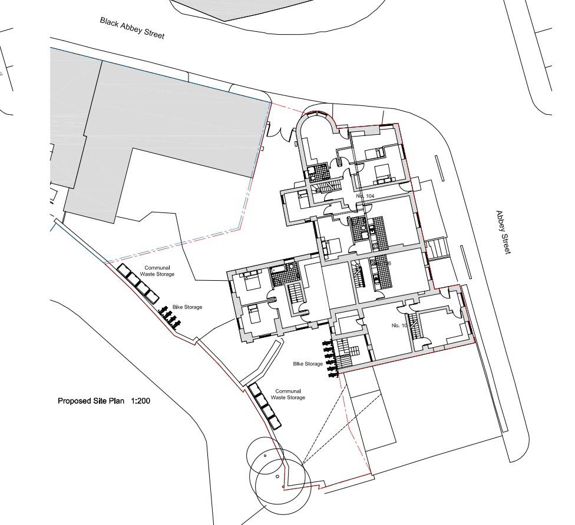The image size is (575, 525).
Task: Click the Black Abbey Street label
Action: tap(132, 28)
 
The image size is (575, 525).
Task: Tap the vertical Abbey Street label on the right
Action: tap(503, 232)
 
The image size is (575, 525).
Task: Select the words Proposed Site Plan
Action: tap(91, 401)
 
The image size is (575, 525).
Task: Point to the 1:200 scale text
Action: tap(141, 401)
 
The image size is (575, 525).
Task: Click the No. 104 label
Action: tap(365, 195)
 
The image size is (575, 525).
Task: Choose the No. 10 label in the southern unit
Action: tap(399, 325)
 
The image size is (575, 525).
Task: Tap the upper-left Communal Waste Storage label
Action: tap(157, 271)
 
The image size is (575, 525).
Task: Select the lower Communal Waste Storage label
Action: tap(288, 394)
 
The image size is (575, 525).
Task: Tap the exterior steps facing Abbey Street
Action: tap(437, 248)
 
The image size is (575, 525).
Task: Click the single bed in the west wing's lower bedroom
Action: tap(255, 316)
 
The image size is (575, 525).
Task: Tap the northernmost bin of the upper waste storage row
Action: tap(125, 271)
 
